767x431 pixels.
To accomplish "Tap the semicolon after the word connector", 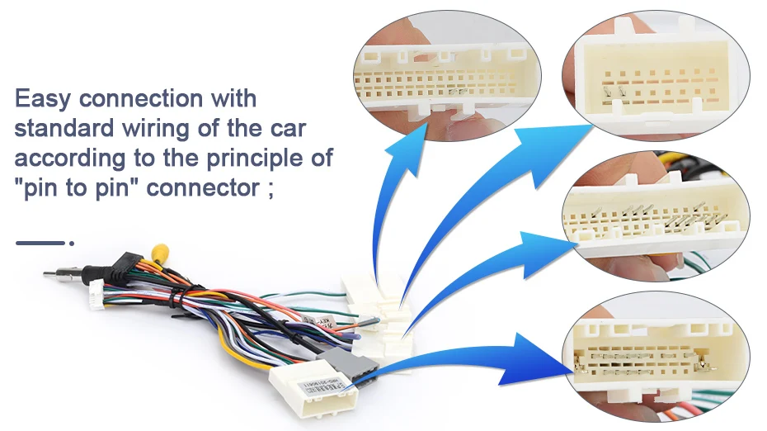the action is coord(270,189).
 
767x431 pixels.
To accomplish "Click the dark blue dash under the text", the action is coord(39,243).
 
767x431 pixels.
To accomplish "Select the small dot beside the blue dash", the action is coord(72,243).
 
